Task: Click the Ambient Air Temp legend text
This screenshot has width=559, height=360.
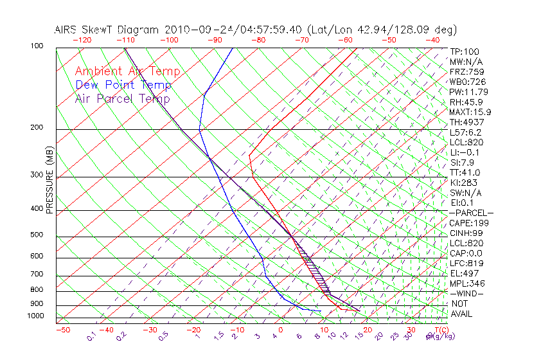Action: point(127,71)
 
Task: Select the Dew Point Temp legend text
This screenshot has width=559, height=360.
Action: point(123,85)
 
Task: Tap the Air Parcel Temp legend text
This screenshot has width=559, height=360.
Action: point(122,98)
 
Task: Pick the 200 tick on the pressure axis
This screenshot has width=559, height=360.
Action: point(38,127)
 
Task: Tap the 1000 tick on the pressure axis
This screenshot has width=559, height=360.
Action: point(36,316)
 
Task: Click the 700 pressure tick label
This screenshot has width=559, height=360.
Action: point(38,274)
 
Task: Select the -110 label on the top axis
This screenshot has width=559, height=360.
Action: point(125,40)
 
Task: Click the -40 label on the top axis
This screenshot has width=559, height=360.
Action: point(432,40)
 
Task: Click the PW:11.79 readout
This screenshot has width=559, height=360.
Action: point(470,92)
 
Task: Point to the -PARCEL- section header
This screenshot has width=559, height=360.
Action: point(471,213)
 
